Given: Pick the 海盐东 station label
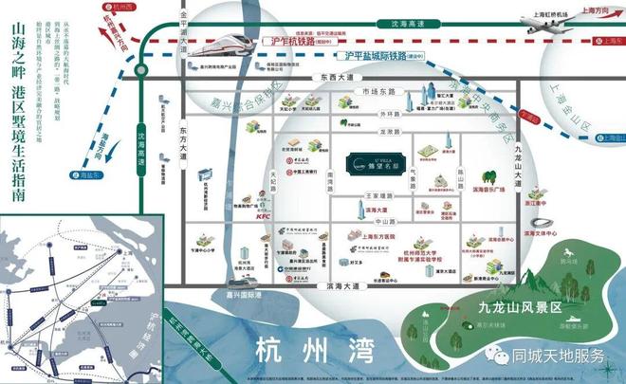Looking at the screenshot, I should coord(87,174).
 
